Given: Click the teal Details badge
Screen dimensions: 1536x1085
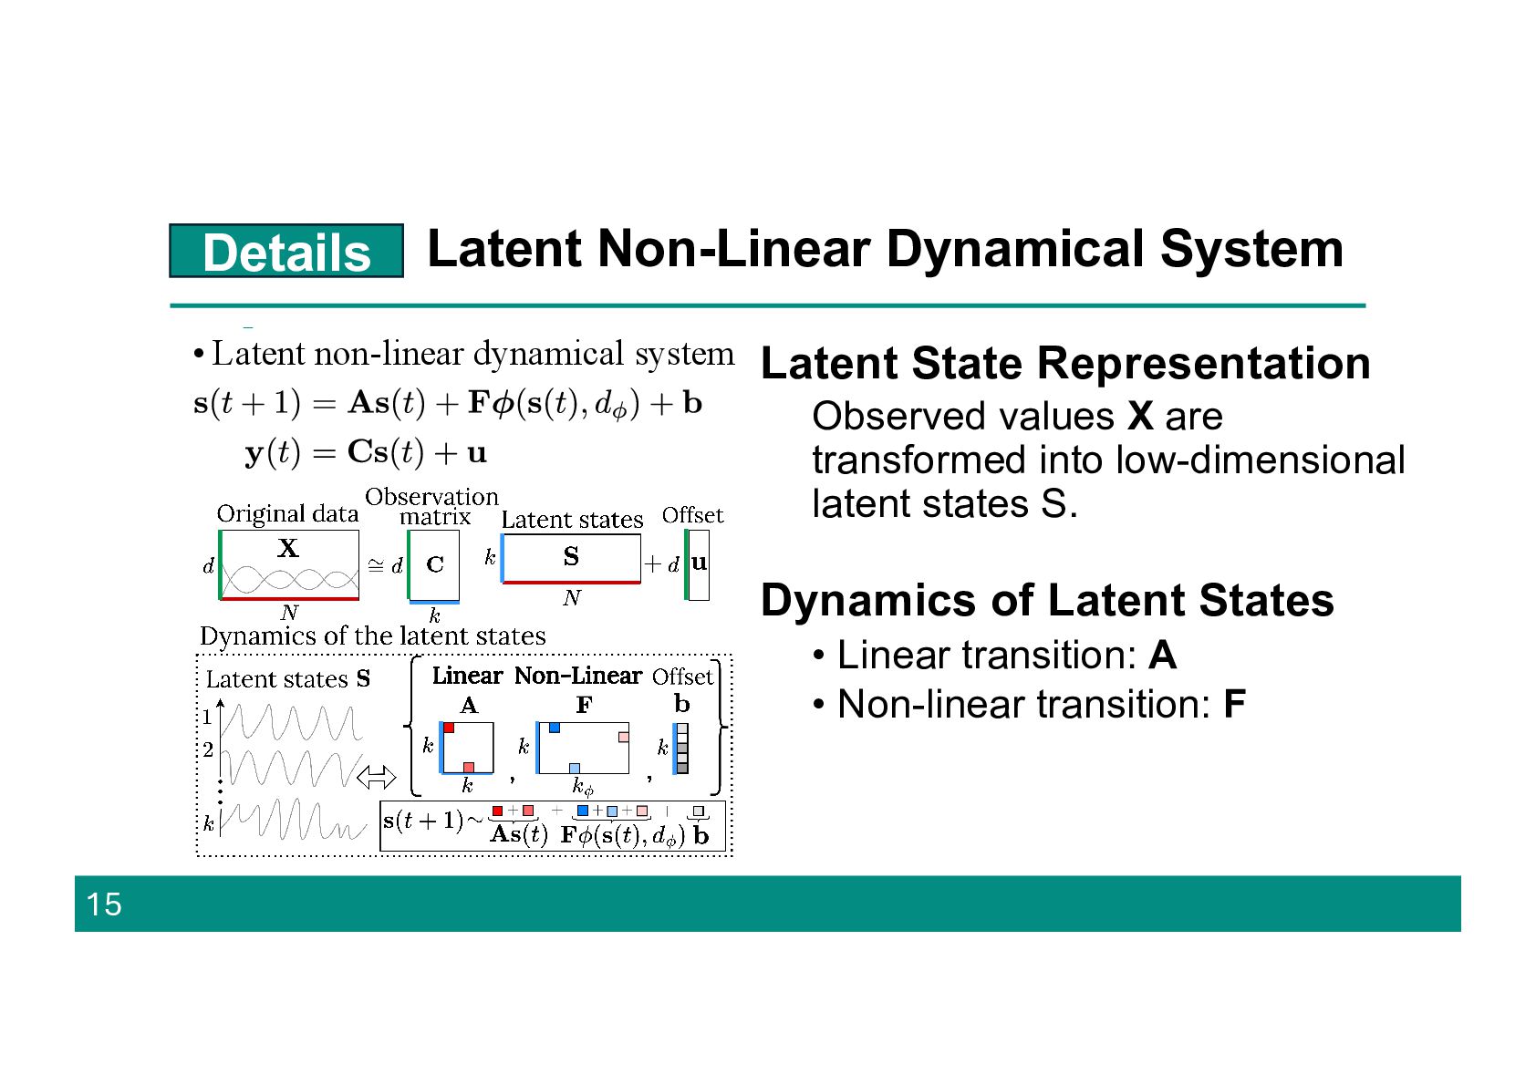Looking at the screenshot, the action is pyautogui.click(x=285, y=251).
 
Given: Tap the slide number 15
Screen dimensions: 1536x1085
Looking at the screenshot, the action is pyautogui.click(x=103, y=904).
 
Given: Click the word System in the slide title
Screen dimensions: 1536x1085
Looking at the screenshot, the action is pyautogui.click(x=1251, y=249).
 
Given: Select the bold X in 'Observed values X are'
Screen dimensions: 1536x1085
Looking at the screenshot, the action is pyautogui.click(x=1140, y=417).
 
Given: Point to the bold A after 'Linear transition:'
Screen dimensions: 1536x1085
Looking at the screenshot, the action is pyautogui.click(x=1162, y=656).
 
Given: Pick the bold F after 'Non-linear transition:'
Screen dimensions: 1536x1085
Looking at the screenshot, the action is pyautogui.click(x=1234, y=705).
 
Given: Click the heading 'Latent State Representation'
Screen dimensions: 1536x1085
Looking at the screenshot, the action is pyautogui.click(x=1064, y=363).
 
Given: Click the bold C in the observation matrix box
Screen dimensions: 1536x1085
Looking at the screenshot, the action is pyautogui.click(x=435, y=565).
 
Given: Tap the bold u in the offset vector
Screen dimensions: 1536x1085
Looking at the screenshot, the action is pyautogui.click(x=699, y=563).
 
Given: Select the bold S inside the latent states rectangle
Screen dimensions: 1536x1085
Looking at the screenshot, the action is pyautogui.click(x=571, y=557).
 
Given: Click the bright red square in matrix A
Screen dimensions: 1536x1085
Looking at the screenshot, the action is pyautogui.click(x=449, y=728).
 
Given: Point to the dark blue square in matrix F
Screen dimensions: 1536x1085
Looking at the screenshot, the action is pyautogui.click(x=554, y=728).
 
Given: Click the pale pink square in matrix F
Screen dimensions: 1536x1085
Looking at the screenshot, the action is pyautogui.click(x=624, y=737).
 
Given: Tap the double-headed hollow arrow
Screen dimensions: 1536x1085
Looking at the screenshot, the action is pyautogui.click(x=376, y=778).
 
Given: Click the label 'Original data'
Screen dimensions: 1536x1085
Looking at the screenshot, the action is pyautogui.click(x=287, y=514).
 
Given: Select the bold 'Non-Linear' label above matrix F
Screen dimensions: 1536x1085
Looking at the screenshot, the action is pyautogui.click(x=578, y=677).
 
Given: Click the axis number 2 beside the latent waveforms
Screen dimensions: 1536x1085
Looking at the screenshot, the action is pyautogui.click(x=208, y=749).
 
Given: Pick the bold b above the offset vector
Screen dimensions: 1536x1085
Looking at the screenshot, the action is pyautogui.click(x=682, y=704).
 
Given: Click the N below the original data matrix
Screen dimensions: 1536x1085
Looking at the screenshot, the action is pyautogui.click(x=289, y=613).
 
